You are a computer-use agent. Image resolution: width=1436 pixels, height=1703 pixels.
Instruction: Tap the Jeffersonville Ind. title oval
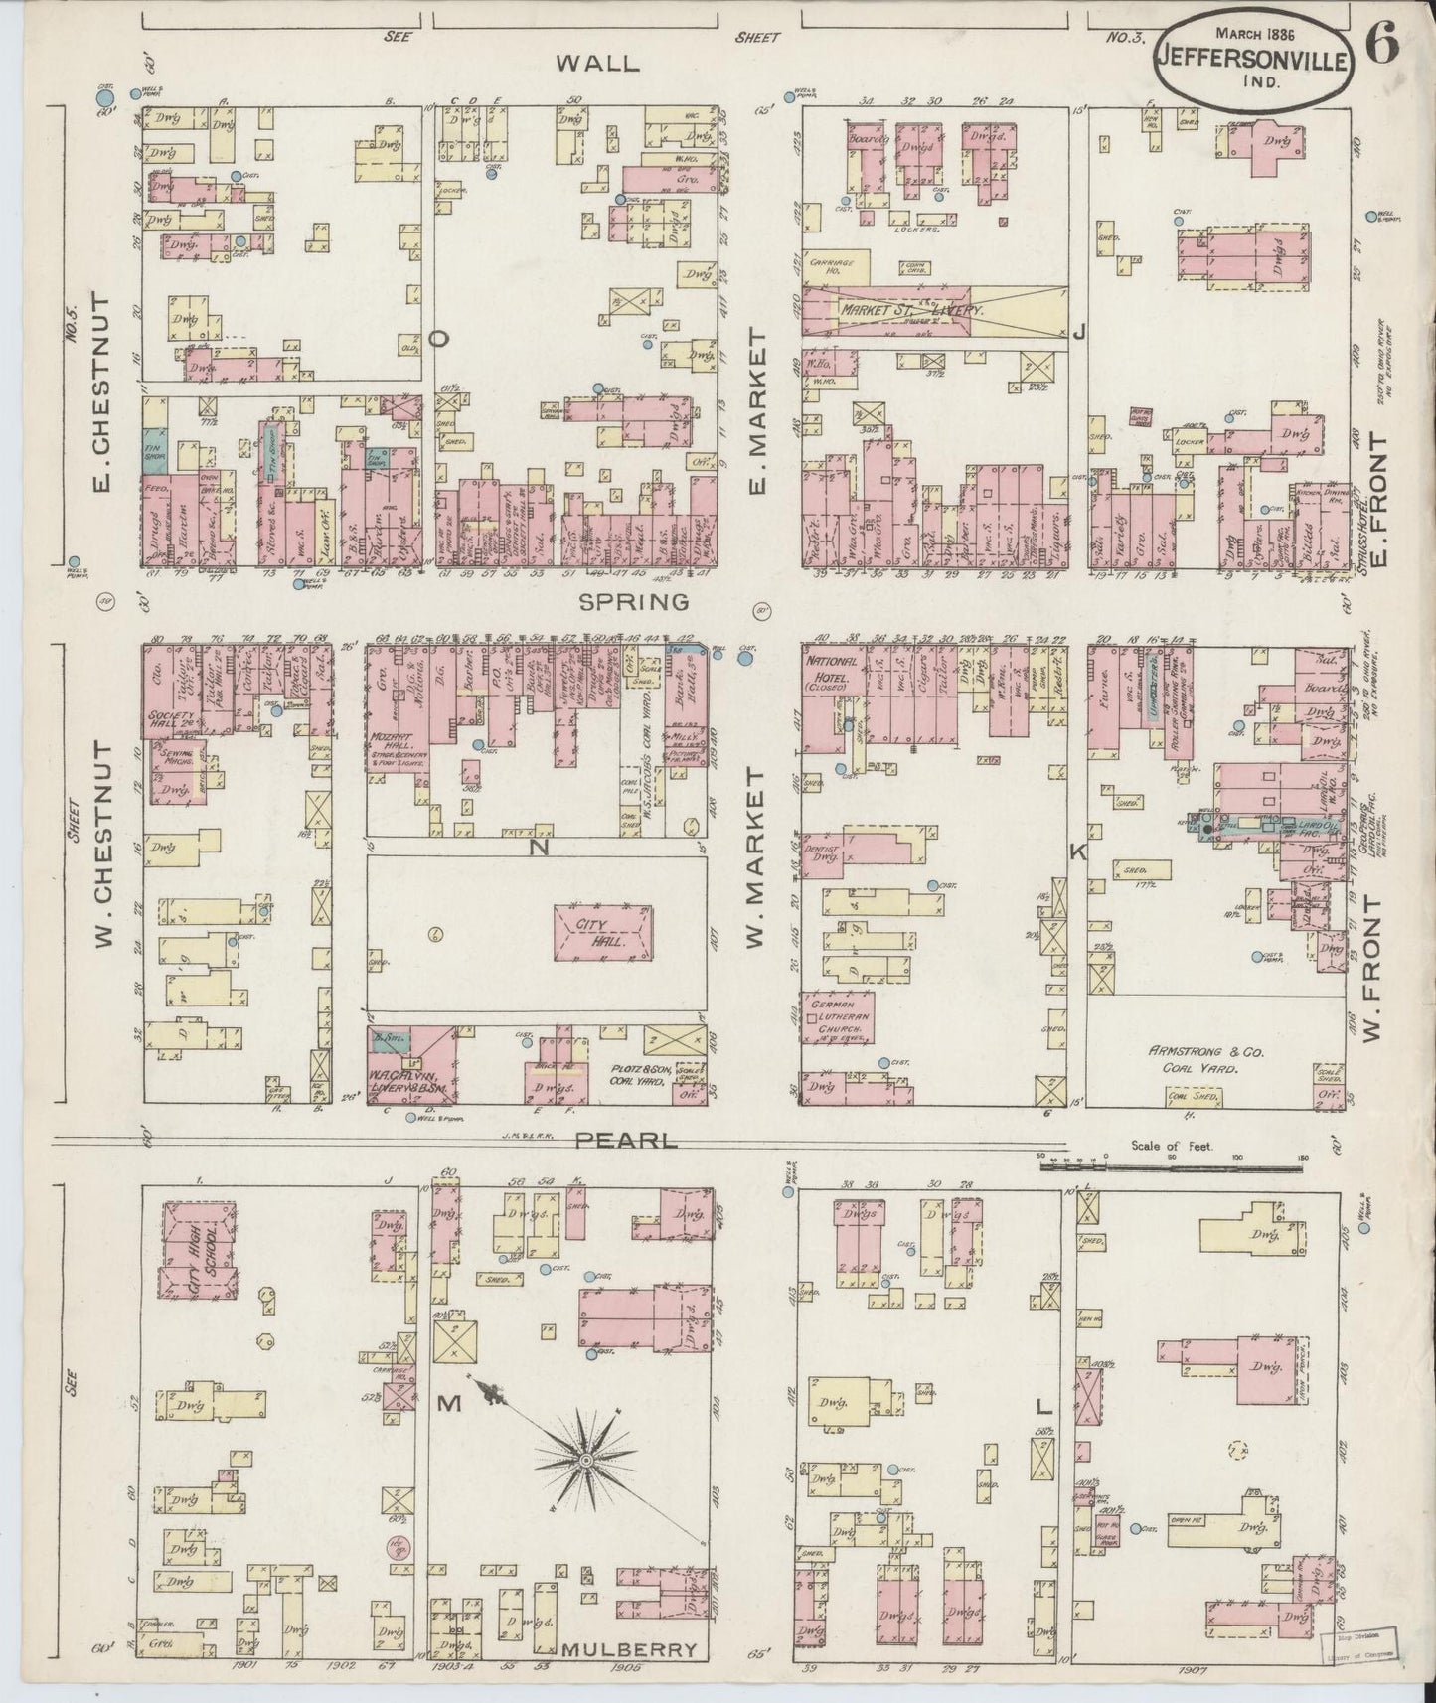[x=1252, y=60]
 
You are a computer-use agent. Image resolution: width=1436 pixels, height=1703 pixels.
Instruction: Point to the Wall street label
[x=595, y=63]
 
